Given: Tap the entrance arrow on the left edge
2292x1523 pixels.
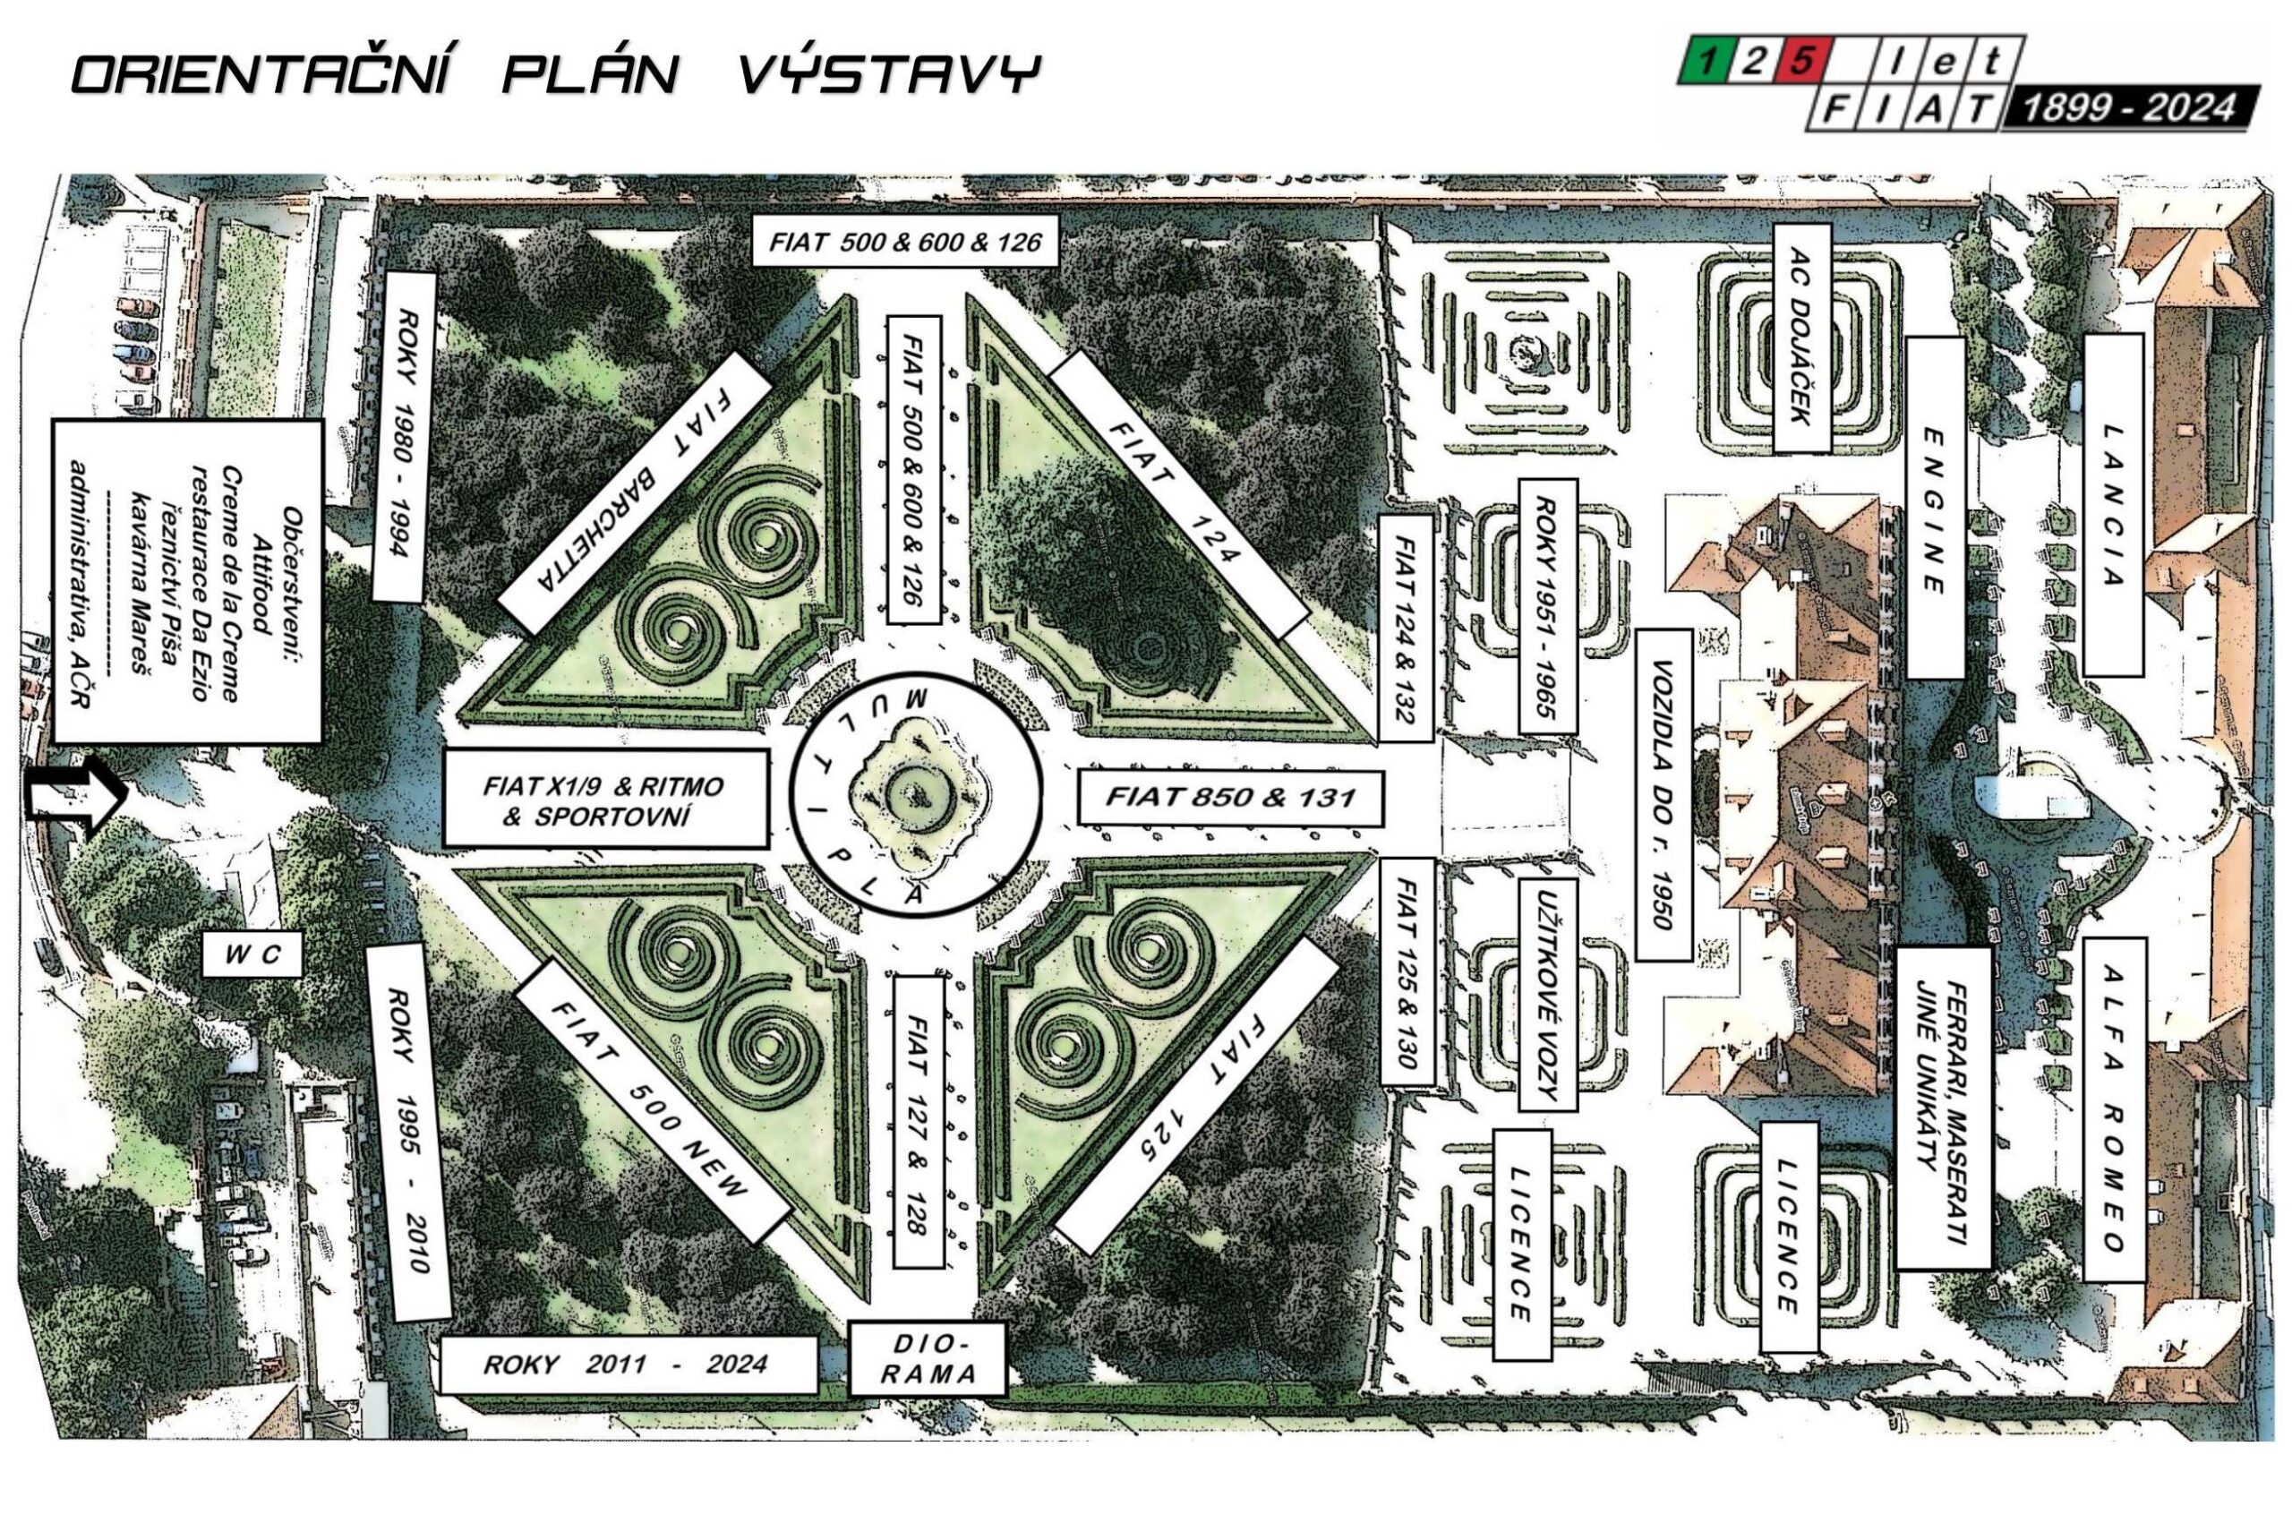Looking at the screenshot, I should point(77,798).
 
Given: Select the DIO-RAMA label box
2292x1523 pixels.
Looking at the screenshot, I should point(925,1358).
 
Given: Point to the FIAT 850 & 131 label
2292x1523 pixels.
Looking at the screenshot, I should point(1230,799).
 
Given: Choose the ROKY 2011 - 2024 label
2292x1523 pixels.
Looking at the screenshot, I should point(627,1365).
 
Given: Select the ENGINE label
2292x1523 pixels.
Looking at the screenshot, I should point(1934,508).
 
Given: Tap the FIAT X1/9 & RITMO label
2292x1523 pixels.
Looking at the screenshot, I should point(605,800).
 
